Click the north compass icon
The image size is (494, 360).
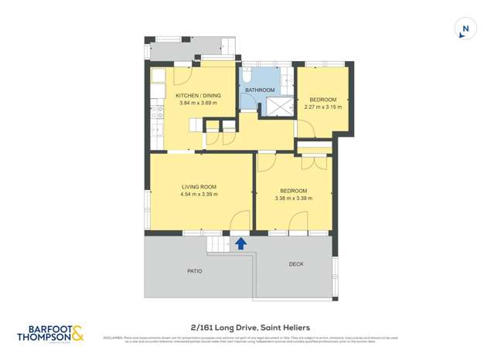[464, 29]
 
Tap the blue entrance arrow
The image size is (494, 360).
[240, 243]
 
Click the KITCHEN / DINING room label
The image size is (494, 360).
[199, 96]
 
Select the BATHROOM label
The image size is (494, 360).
[260, 90]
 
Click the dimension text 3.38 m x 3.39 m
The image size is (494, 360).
[293, 199]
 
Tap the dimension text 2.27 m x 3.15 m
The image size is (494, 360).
[323, 107]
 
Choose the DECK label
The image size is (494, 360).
[296, 264]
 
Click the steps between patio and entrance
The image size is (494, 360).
[218, 244]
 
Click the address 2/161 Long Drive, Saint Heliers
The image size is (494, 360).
[246, 327]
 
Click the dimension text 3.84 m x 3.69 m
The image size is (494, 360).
[199, 104]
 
